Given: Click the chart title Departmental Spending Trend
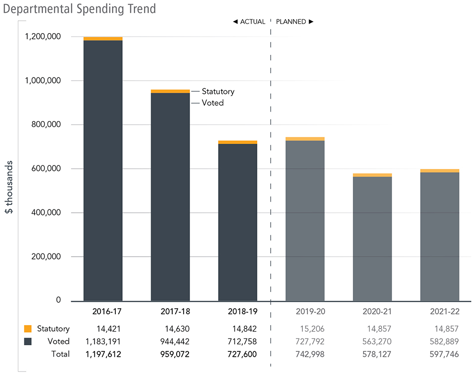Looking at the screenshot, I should [x=79, y=9].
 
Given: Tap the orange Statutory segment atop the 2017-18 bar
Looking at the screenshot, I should [x=170, y=91].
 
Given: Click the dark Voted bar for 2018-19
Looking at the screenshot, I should [x=237, y=222].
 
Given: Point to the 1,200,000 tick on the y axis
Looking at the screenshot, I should [x=45, y=37].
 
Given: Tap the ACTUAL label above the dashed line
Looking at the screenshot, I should [x=249, y=22].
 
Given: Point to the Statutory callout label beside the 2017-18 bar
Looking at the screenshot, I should [x=218, y=91].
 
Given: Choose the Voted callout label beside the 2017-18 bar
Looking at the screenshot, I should [x=213, y=103].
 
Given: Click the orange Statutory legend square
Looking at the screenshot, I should [x=28, y=329].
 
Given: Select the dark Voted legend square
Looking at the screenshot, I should [x=28, y=341].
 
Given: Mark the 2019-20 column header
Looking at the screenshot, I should [x=305, y=312].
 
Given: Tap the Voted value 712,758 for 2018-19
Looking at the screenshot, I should [x=241, y=341].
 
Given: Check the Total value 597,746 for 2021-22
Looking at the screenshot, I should [x=443, y=354].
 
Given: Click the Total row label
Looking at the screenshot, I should [x=60, y=354].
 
